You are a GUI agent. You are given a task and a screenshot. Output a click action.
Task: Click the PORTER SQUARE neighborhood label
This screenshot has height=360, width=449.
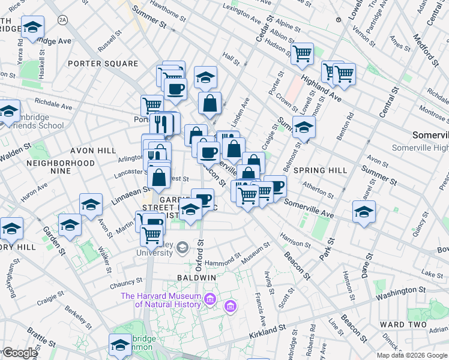(103, 63)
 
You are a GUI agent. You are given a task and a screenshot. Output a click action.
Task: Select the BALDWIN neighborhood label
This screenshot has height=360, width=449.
(196, 278)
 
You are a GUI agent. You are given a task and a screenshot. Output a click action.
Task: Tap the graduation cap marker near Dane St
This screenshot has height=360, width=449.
(364, 211)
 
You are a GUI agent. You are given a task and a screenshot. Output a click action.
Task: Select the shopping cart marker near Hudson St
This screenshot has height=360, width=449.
(302, 53)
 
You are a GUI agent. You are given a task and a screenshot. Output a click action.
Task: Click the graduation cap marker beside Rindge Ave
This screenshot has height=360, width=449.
(32, 26)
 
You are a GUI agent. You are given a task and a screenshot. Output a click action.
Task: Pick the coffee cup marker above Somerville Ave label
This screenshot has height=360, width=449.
(274, 185)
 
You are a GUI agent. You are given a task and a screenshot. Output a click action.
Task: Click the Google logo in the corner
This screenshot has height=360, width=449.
(19, 353)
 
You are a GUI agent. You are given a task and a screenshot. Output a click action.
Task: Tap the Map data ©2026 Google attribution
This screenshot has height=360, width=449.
(412, 355)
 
